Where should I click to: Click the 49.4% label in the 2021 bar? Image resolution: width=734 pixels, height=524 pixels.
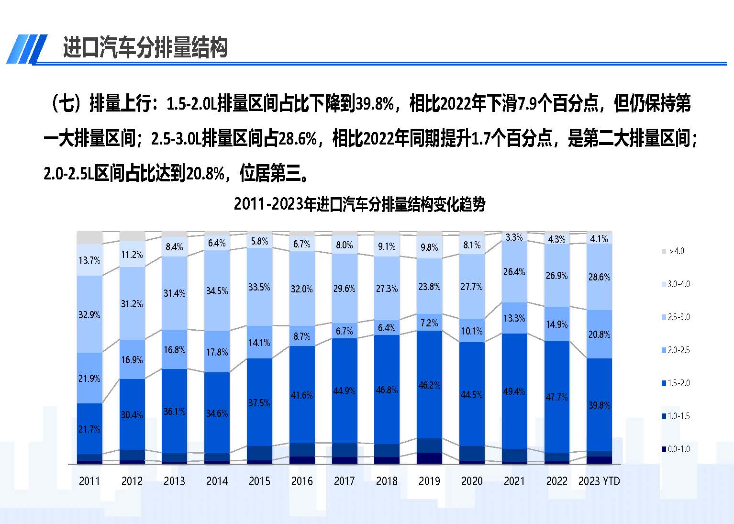coord(514,391)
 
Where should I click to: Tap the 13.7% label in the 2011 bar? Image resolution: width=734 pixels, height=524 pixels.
coord(89,260)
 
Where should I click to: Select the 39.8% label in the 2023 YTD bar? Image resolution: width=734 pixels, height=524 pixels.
coord(599,405)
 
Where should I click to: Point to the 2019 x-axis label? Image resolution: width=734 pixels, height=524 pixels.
coord(429,481)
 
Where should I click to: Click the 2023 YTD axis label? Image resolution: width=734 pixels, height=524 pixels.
coord(599,481)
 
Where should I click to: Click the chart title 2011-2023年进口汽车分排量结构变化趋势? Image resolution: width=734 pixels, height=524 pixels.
coord(359,204)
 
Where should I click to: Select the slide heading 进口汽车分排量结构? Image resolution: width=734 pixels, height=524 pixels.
coord(145,48)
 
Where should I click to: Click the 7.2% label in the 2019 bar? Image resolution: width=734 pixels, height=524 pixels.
coord(429,323)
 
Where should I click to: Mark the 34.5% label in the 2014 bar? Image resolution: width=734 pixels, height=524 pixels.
coord(217,291)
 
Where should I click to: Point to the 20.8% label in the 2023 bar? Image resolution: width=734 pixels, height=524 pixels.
coord(599,334)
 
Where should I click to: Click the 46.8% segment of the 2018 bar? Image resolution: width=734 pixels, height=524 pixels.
coord(387,390)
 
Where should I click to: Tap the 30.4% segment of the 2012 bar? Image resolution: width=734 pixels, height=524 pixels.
coord(132,415)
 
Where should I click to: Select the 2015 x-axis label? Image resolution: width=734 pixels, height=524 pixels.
coord(259,481)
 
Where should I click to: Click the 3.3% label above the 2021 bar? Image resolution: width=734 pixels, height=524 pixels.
coord(514,237)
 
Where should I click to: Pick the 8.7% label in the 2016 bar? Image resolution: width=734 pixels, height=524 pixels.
coord(302,336)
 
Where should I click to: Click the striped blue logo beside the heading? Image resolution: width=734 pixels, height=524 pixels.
coord(26,49)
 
